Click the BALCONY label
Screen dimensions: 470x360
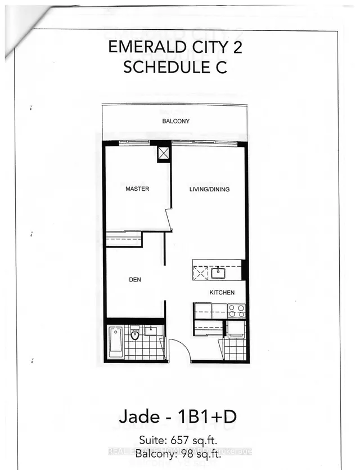175,121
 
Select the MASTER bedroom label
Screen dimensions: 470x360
137,189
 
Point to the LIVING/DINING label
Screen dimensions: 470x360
209,189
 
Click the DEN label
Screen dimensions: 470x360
134,278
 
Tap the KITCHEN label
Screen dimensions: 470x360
222,293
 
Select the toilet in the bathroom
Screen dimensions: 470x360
134,335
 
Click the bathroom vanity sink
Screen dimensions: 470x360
150,330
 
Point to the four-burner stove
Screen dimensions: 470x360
235,311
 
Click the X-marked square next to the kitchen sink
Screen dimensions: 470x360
200,274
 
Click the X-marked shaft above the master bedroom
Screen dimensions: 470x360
164,153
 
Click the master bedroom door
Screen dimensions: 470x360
168,220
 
